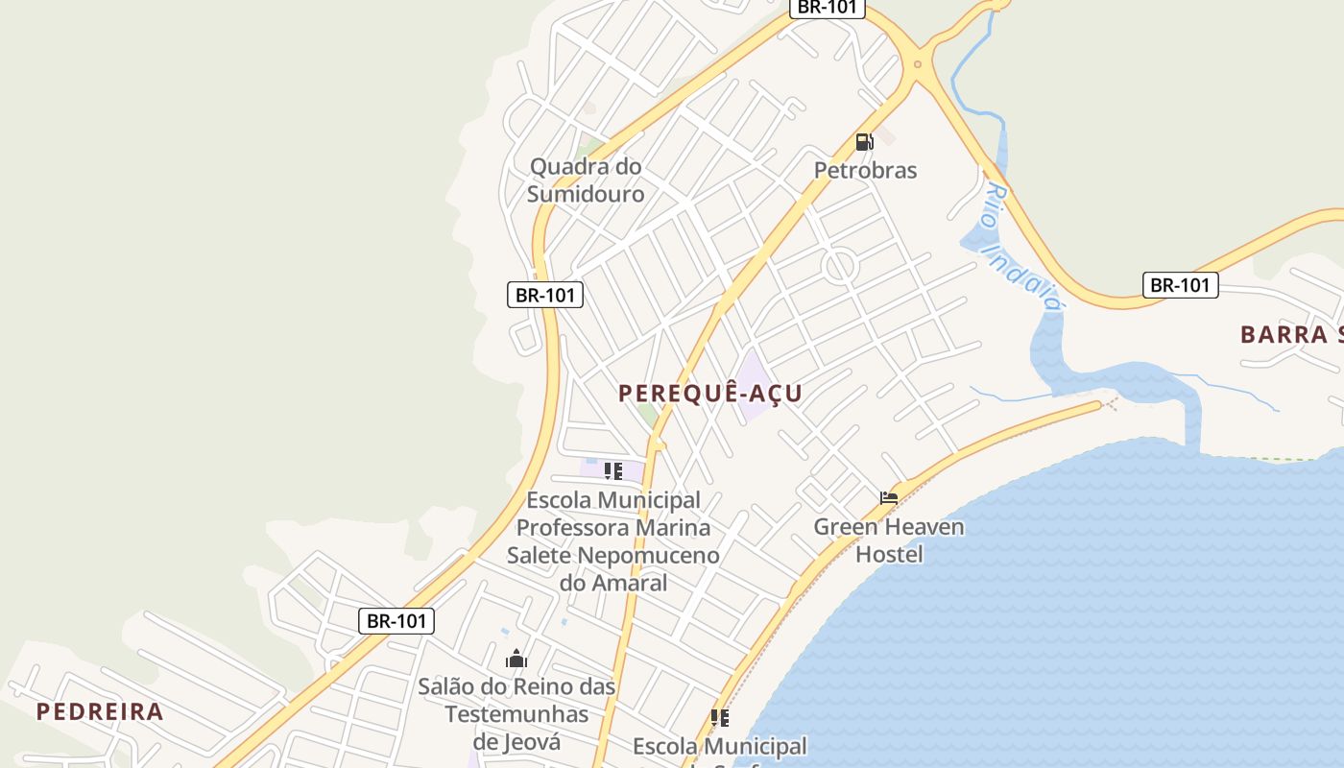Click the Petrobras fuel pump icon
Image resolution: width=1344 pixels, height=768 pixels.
click(x=864, y=142)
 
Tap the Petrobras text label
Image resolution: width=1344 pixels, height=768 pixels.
click(x=865, y=171)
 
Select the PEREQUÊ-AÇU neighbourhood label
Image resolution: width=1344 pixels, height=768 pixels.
click(x=710, y=394)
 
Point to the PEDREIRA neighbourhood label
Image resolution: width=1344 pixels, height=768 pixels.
click(x=100, y=712)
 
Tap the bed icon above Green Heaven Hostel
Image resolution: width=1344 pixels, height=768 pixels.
click(x=889, y=497)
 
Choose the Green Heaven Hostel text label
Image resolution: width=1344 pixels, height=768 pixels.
click(x=889, y=540)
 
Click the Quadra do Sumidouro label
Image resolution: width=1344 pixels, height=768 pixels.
click(x=586, y=180)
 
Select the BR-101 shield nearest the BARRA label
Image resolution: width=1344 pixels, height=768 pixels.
click(x=1180, y=285)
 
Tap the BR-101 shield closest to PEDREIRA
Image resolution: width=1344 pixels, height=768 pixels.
click(x=396, y=621)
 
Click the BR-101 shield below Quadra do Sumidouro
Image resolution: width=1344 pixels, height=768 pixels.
click(x=544, y=295)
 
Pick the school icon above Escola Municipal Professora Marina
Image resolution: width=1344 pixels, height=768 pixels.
click(x=612, y=471)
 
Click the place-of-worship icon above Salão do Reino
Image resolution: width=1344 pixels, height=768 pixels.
click(x=516, y=659)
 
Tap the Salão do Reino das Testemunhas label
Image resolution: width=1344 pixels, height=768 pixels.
click(x=516, y=714)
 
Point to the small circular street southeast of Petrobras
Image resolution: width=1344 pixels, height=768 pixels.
click(x=840, y=267)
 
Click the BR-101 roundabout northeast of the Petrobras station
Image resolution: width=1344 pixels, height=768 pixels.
click(x=918, y=64)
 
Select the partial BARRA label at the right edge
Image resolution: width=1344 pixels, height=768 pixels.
click(x=1290, y=335)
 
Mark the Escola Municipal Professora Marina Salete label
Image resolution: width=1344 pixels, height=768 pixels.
click(x=613, y=541)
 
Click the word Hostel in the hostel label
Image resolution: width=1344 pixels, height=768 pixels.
click(x=889, y=555)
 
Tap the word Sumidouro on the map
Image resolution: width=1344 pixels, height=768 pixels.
click(x=586, y=194)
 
